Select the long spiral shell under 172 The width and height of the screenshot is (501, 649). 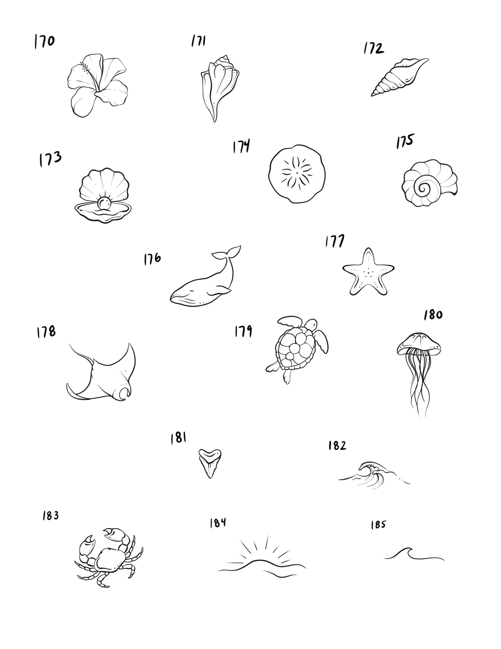tap(400, 77)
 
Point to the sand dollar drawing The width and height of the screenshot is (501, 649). tap(297, 174)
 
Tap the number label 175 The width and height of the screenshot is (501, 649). tap(405, 141)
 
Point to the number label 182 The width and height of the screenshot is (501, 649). tap(337, 445)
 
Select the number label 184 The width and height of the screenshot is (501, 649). tap(218, 523)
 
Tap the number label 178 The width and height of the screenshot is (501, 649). tap(46, 332)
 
